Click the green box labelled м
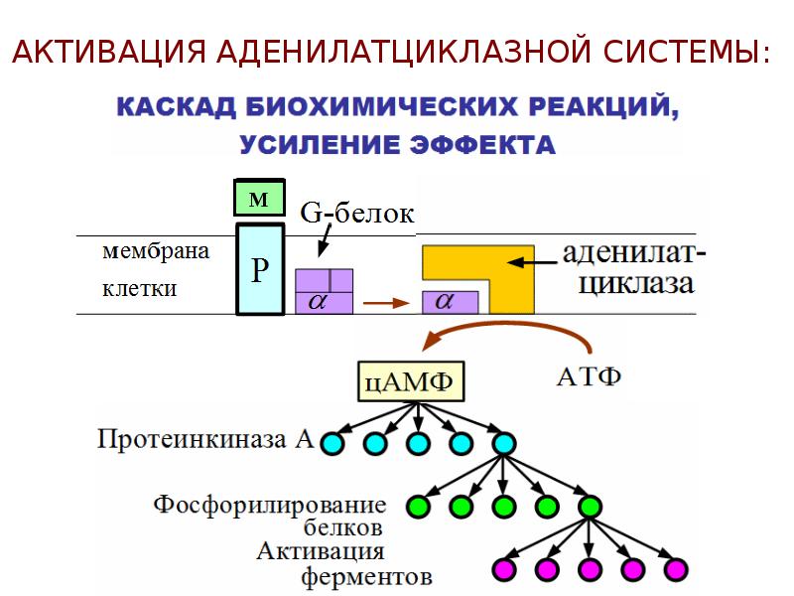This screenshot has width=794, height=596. coord(259,197)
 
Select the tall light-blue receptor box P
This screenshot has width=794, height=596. coord(260,269)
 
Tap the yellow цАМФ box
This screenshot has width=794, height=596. coord(411,381)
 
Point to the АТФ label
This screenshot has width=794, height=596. coord(589,376)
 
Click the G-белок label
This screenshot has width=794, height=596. coord(356,214)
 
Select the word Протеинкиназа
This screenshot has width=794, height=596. coord(192,439)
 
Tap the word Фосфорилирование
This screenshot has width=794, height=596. coord(270,506)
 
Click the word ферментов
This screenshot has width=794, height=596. coord(366,576)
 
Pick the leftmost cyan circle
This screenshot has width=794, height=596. coord(332,443)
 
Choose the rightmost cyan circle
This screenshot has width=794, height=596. coord(503,443)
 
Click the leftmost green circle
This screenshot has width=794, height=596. coord(418,506)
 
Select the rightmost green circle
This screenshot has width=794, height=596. coord(590,506)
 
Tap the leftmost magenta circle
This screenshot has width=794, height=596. coord(504,568)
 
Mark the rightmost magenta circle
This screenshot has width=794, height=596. coord(675,568)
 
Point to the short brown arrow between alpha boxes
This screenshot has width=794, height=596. coord(386,303)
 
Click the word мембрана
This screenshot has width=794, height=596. coord(156,251)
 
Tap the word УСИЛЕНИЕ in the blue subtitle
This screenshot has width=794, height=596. coord(319,145)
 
